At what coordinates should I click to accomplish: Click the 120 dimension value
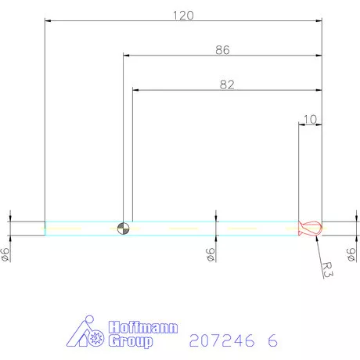tap(183, 15)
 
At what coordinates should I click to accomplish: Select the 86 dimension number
tap(222, 50)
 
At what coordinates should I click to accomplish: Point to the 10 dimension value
tap(310, 119)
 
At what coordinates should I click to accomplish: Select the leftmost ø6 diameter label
tap(6, 254)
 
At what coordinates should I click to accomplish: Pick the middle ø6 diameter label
tap(211, 254)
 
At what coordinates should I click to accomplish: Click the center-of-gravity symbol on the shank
tap(122, 229)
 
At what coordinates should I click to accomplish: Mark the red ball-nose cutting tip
tap(310, 229)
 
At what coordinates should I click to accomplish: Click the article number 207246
tap(221, 341)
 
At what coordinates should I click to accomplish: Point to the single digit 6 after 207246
tap(272, 341)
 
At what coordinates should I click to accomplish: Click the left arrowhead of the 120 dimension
tap(49, 21)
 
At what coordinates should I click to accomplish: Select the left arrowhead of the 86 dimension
tap(128, 56)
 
